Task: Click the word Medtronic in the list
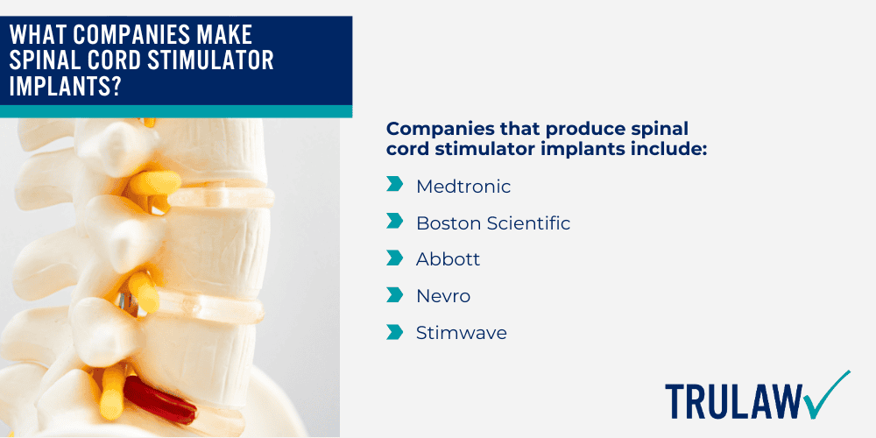[x=463, y=187]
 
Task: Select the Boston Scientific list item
[x=492, y=223]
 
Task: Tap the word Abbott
[x=448, y=260]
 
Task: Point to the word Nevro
[x=442, y=297]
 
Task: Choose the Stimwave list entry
[x=461, y=333]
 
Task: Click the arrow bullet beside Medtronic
[x=394, y=186]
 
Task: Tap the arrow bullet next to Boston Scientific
[x=394, y=223]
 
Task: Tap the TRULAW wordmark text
[x=732, y=400]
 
